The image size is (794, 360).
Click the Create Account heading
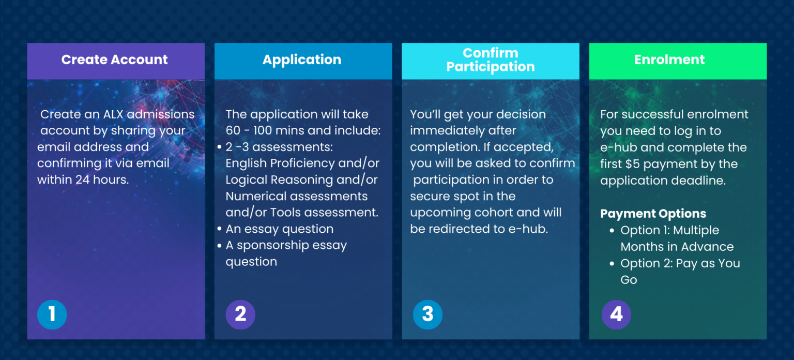[114, 59]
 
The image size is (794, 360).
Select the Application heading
[302, 59]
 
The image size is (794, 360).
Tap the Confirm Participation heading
[490, 59]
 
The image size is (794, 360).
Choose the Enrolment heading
[669, 59]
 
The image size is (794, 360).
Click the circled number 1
[52, 314]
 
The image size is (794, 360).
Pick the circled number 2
[240, 314]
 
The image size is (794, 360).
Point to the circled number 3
[427, 314]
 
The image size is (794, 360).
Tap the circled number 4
[616, 314]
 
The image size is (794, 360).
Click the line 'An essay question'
[279, 229]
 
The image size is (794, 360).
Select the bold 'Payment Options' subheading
[653, 214]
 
